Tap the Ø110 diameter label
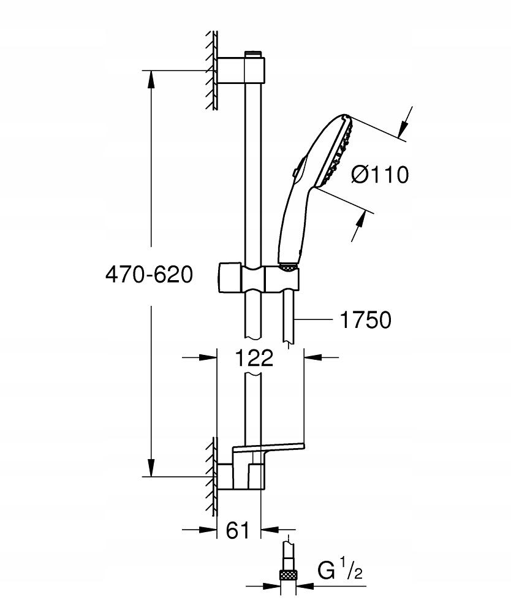[x=379, y=175]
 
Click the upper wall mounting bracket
[x=241, y=70]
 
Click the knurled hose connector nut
[x=287, y=575]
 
